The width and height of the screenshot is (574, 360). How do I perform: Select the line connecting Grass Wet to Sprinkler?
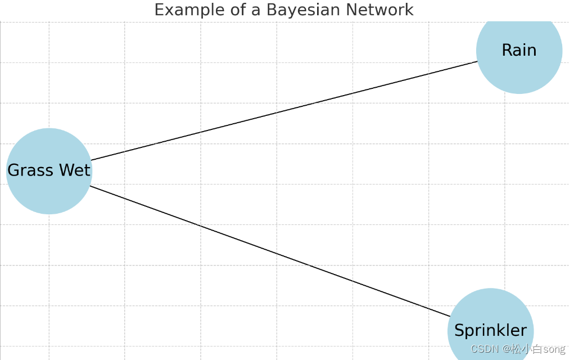tap(270, 251)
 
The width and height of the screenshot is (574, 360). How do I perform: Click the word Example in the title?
tap(186, 10)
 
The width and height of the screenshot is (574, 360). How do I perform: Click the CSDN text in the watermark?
tap(485, 349)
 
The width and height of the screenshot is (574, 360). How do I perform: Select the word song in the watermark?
tap(554, 349)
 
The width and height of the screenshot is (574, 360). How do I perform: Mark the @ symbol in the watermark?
tap(507, 349)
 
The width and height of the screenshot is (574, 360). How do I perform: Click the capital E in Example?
tap(159, 10)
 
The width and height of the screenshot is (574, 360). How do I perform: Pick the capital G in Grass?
tap(13, 170)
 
